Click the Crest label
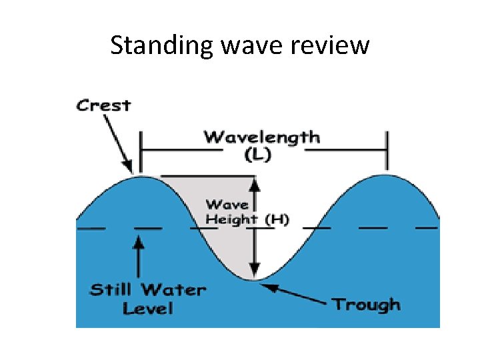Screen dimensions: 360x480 pos(103,105)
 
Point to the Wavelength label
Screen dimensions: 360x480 pos(261,138)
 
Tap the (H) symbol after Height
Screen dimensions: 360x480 pos(277,219)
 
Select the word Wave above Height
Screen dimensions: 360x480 pos(227,205)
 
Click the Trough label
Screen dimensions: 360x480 pos(367,305)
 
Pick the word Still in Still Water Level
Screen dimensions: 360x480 pos(111,290)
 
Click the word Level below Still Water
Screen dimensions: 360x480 pos(148,309)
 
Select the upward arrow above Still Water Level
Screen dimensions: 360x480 pos(138,256)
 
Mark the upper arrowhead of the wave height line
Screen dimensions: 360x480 pos(253,182)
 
